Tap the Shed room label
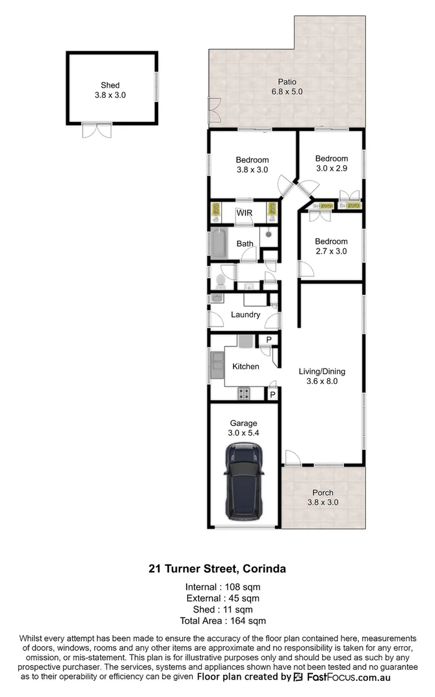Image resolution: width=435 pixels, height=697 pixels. pos(110,85)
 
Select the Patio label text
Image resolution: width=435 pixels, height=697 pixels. pos(287,82)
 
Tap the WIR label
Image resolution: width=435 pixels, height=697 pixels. pos(244,213)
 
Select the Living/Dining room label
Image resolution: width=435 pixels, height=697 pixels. pos(321,371)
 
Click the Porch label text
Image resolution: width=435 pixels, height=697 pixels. pos(323,492)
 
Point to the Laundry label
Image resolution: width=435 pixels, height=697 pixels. pos(245,315)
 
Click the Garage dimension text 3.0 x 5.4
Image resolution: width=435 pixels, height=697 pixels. pos(244,433)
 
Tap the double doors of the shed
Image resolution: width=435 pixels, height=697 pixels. pos(97,130)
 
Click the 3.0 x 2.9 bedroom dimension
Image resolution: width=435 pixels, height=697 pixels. pos(331,168)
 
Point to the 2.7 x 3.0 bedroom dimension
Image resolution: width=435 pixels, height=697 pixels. pos(330,251)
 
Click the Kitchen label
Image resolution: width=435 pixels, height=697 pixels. pos(245,367)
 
